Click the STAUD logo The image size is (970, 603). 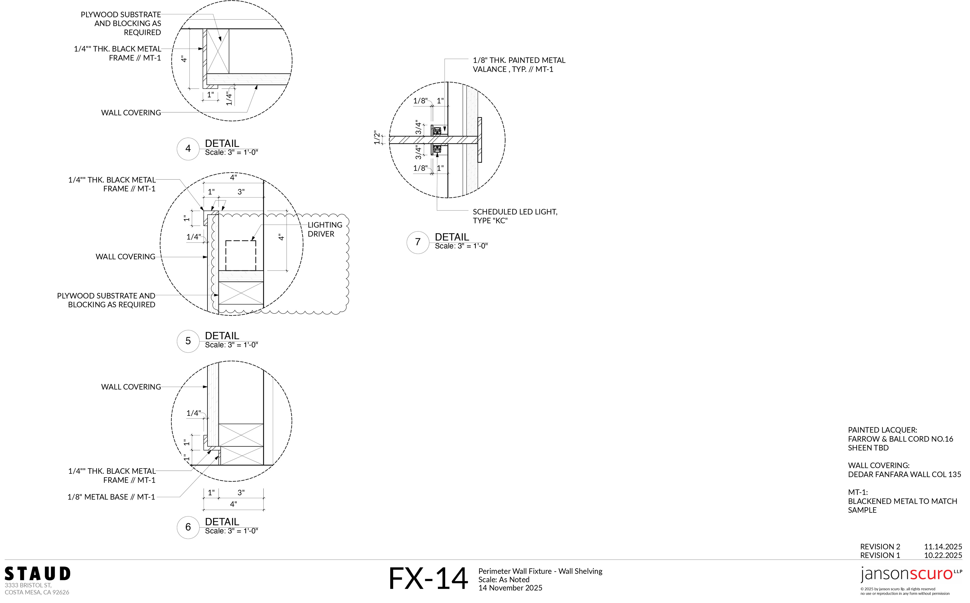point(37,574)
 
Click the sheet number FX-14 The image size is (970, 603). point(428,579)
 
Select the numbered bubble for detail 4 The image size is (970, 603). point(188,149)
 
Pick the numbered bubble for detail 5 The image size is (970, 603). point(188,341)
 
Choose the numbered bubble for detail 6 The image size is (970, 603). point(188,527)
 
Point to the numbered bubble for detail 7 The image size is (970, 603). point(418,242)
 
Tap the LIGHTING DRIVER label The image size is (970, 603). point(325,229)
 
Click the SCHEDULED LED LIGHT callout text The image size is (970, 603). point(515,216)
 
